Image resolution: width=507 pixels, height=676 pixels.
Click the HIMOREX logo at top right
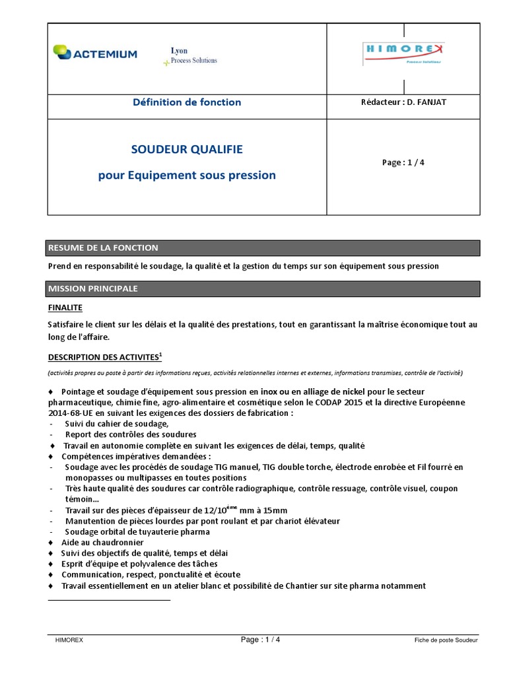pos(403,53)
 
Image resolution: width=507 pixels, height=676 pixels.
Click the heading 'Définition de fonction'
pos(187,102)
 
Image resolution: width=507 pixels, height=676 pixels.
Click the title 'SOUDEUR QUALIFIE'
pos(187,149)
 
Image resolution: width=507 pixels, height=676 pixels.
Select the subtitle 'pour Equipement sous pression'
pos(187,176)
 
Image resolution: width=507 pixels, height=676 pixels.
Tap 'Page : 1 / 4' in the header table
pos(403,162)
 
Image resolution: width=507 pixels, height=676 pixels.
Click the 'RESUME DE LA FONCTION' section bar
pos(263,248)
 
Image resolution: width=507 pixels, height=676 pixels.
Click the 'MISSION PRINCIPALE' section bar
pos(263,288)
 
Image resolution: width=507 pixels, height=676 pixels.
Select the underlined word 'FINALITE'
pos(65,308)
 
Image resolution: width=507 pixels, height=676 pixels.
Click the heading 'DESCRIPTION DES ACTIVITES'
pos(104,357)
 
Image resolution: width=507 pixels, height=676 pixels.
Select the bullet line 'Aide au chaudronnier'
pos(102,543)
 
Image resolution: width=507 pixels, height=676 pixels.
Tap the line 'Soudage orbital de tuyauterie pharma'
pos(137,532)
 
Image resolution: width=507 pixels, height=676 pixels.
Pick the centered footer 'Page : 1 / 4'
pos(260,639)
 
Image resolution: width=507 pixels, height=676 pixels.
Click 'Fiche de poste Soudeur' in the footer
pos(446,640)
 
